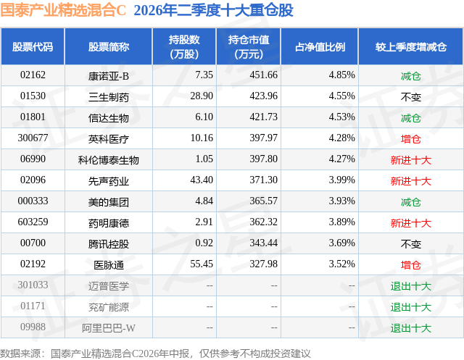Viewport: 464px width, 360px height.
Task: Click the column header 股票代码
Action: pos(33,47)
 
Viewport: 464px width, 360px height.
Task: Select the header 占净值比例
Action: pos(320,47)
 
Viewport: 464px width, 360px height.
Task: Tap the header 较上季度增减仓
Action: pos(411,47)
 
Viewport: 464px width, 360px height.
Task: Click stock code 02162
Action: pos(33,75)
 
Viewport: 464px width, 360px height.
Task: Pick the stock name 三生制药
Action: pos(108,97)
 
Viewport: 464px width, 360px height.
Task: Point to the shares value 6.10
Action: pos(204,117)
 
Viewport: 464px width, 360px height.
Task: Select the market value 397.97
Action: pos(263,138)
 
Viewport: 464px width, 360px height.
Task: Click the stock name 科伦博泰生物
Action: pos(108,160)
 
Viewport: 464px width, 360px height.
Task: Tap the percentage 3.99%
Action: pos(341,180)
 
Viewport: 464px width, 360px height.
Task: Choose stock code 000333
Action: pos(33,201)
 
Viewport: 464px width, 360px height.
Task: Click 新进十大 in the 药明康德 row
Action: pos(411,223)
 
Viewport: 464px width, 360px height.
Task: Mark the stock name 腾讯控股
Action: pos(108,244)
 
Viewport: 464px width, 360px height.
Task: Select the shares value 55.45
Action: pos(202,264)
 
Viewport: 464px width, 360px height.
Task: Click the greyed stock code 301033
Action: pos(33,285)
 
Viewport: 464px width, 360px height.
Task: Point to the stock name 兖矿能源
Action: pos(108,307)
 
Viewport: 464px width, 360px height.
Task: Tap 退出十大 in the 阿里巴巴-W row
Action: pos(411,328)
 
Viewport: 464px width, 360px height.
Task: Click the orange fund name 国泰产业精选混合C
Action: pos(63,10)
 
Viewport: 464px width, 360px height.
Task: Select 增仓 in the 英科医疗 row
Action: pos(411,139)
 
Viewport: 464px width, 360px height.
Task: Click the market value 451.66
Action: pos(263,75)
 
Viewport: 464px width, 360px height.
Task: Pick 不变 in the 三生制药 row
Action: pos(411,97)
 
